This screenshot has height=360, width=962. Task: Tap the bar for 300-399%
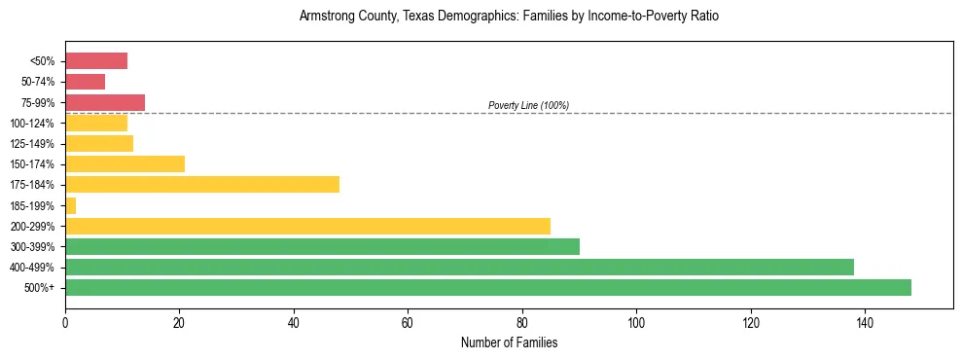[x=322, y=246]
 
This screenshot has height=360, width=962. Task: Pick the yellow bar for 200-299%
[x=307, y=226]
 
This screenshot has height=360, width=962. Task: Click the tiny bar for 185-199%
[x=70, y=205]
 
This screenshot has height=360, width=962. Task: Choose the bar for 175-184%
[x=202, y=185]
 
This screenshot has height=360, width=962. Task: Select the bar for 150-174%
[x=125, y=163]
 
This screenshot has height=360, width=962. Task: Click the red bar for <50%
[x=96, y=61]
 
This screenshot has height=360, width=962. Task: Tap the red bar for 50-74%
[x=85, y=82]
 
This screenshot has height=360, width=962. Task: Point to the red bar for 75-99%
[x=105, y=102]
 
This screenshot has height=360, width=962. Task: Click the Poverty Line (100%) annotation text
[x=528, y=105]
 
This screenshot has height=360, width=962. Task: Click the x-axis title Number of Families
[x=509, y=342]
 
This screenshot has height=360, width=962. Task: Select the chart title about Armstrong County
[x=509, y=18]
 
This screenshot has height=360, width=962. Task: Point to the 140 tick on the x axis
[x=864, y=322]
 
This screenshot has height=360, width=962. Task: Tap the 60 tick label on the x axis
[x=408, y=322]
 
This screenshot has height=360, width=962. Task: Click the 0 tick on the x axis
[x=65, y=322]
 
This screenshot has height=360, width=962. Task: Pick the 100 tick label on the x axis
[x=636, y=322]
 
